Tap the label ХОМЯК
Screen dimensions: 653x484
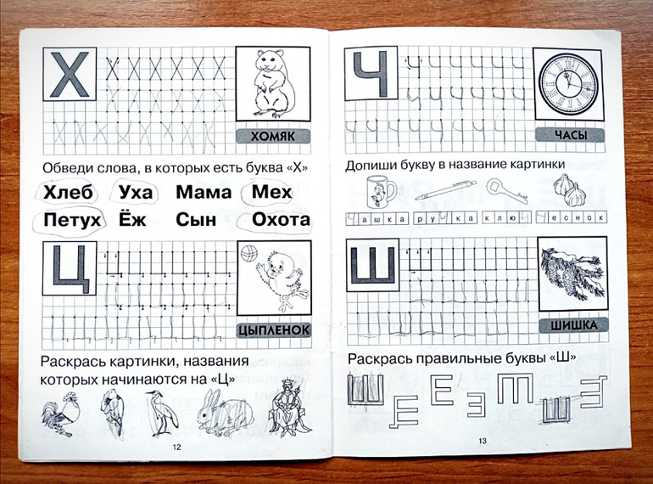[273, 136]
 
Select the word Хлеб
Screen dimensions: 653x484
[68, 192]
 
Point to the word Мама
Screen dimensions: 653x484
[204, 192]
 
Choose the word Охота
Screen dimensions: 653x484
[281, 219]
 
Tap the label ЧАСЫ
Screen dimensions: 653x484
[571, 135]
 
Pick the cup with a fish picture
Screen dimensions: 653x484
[380, 191]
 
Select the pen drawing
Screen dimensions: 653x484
[445, 190]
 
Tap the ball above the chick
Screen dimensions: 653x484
[249, 253]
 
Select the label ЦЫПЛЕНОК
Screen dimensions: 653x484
[275, 329]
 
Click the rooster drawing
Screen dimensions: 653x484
[61, 414]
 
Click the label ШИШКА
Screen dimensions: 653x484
[573, 325]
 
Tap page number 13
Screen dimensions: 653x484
[483, 441]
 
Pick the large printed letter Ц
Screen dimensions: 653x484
[70, 269]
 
